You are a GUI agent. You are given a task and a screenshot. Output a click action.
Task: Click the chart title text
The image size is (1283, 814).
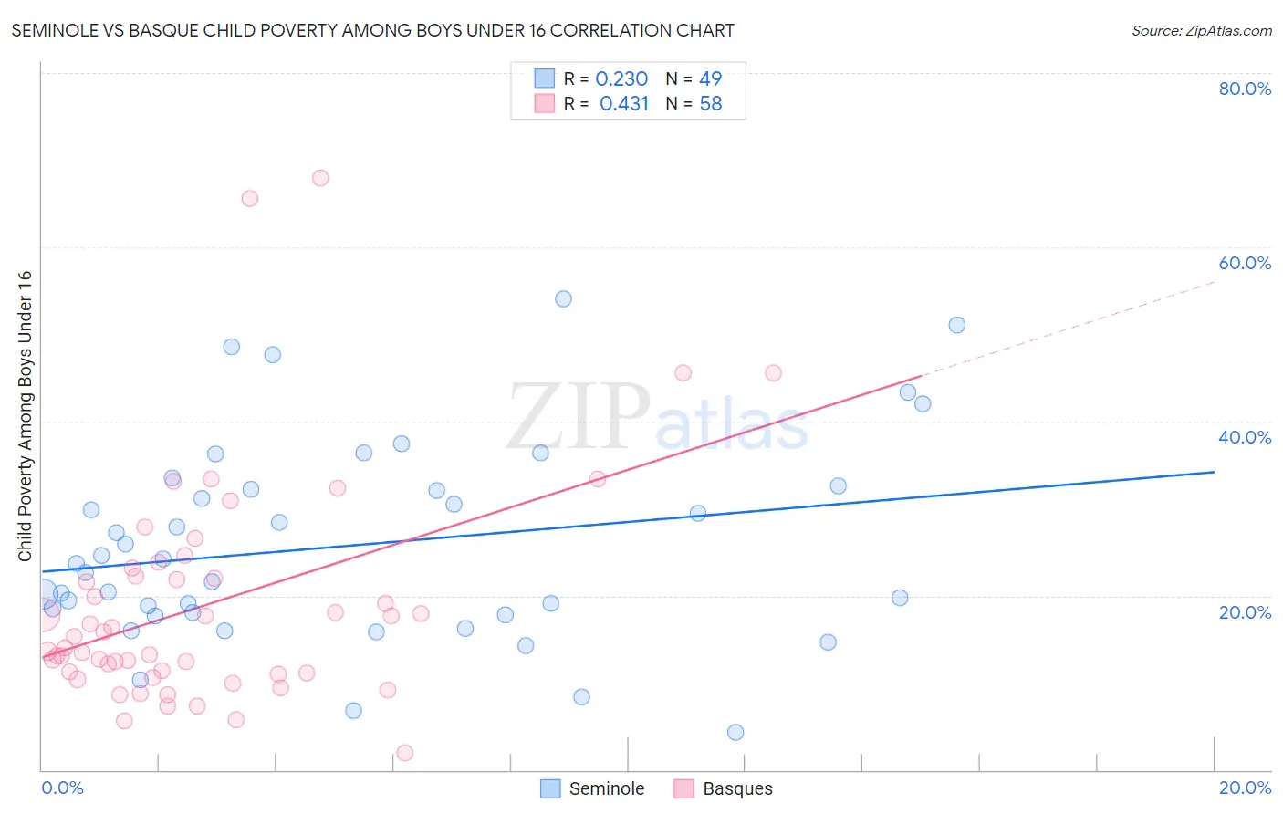click(x=372, y=30)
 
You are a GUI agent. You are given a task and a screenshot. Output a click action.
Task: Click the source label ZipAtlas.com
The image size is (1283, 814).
click(x=1201, y=30)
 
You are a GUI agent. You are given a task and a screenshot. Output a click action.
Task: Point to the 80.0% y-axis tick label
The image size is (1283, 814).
click(x=1245, y=89)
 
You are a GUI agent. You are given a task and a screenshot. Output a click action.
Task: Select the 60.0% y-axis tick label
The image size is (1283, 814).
click(x=1245, y=263)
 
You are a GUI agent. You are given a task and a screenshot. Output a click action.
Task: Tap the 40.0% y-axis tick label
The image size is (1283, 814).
click(x=1245, y=437)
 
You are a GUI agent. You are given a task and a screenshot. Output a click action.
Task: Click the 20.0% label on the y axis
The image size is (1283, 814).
click(x=1245, y=611)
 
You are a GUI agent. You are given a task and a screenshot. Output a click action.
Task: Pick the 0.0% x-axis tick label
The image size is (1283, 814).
click(x=62, y=788)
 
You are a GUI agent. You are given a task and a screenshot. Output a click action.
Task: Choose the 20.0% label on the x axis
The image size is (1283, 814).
click(x=1245, y=788)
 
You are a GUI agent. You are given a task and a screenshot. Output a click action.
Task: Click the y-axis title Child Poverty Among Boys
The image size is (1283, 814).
click(x=25, y=416)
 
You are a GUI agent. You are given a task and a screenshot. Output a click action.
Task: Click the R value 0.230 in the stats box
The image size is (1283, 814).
click(x=621, y=79)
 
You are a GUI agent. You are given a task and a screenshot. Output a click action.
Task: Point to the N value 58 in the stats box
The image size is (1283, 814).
click(x=711, y=104)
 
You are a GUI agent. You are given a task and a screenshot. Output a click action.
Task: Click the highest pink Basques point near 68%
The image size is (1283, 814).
click(x=320, y=178)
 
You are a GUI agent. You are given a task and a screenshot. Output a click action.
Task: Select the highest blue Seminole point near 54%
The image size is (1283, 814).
click(x=563, y=299)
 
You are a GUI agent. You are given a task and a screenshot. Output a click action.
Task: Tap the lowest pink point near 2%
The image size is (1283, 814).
click(x=405, y=753)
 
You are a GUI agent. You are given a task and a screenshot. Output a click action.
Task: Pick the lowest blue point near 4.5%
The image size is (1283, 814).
click(x=735, y=732)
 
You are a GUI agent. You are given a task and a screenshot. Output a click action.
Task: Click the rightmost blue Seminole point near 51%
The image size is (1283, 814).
click(x=956, y=325)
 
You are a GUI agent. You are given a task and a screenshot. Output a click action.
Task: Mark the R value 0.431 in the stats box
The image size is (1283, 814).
click(x=624, y=104)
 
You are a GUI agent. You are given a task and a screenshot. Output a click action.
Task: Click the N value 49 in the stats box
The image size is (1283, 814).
click(x=711, y=79)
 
